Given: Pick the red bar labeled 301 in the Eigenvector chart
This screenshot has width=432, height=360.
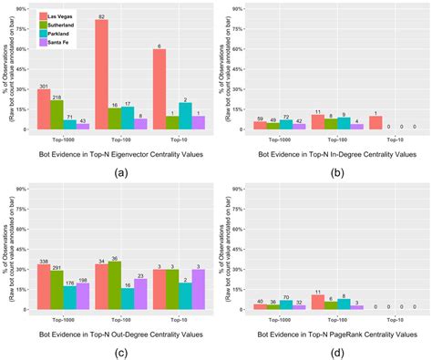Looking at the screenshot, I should point(44,109).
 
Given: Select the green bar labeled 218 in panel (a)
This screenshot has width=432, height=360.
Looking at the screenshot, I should point(57,115).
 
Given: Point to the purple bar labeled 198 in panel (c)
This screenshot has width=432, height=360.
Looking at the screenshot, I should point(83,296).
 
